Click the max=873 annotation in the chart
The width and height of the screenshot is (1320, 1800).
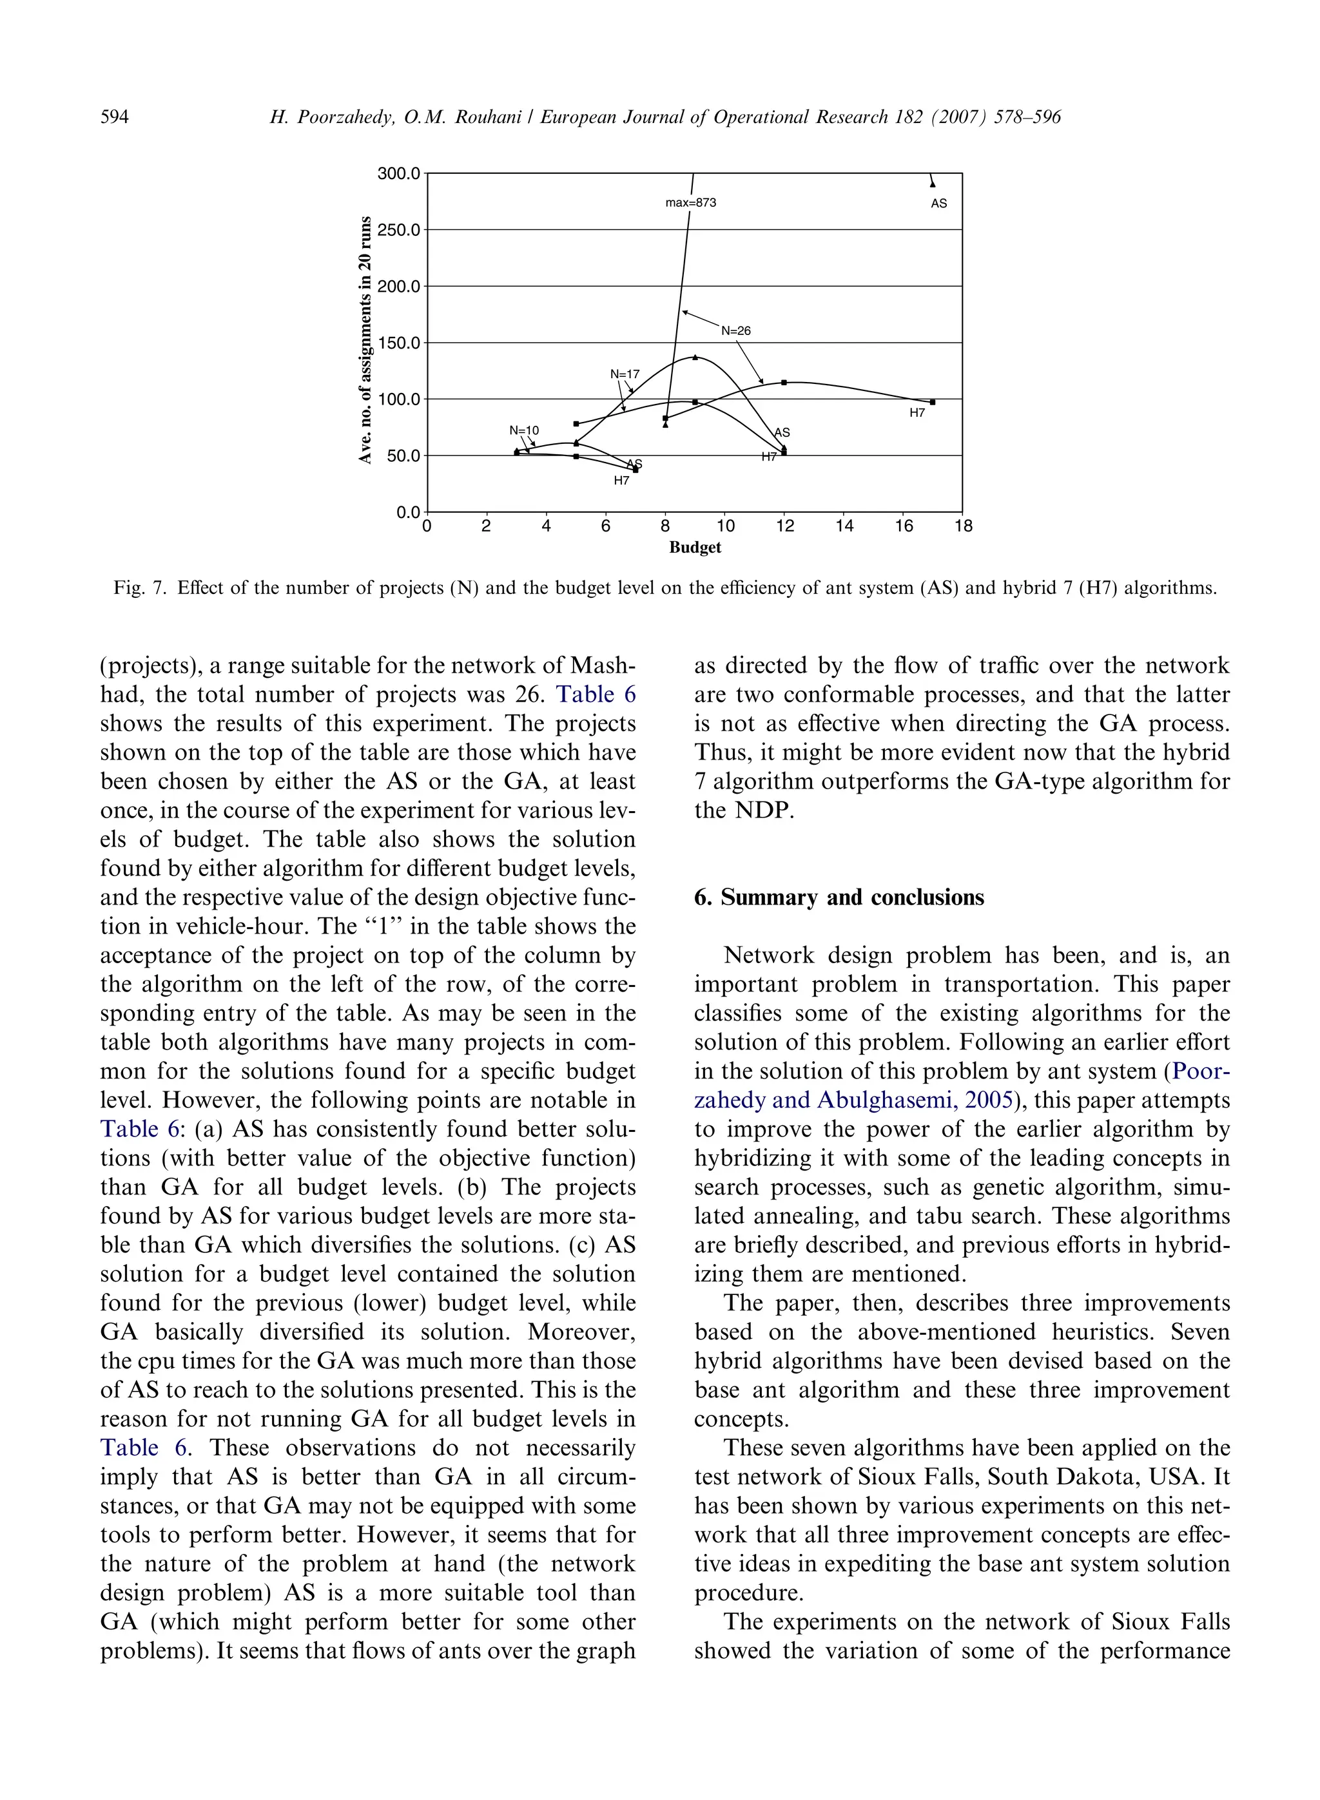(690, 203)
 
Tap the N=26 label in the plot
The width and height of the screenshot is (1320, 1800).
(736, 330)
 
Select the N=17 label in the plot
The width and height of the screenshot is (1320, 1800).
(625, 374)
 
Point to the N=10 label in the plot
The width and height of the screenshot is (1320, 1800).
(524, 430)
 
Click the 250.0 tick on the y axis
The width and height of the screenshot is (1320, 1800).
(399, 230)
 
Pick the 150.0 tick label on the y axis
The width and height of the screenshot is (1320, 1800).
(399, 343)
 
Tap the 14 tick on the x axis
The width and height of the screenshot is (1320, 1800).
(844, 526)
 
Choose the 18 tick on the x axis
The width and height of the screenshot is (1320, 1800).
(964, 526)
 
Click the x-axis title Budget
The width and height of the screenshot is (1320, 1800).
(694, 548)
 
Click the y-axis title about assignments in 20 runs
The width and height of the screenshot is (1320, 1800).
(365, 340)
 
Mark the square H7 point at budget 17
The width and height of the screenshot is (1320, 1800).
(933, 403)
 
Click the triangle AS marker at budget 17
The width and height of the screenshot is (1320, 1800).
(933, 183)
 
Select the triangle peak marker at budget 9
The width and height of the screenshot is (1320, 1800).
(695, 357)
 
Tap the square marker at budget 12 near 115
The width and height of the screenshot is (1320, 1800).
(784, 383)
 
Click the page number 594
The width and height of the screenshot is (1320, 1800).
(114, 117)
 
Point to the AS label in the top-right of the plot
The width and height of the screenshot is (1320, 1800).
(939, 204)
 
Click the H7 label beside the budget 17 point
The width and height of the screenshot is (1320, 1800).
(917, 413)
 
